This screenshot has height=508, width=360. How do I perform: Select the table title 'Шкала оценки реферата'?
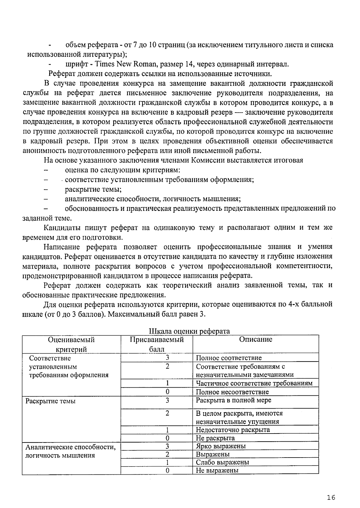pos(189,331)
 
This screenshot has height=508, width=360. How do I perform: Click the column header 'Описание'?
pos(256,340)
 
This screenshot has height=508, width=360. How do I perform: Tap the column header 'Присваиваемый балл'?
pos(157,344)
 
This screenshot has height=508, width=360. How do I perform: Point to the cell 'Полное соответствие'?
pos(229,358)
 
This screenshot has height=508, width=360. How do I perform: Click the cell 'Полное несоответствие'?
pos(232,392)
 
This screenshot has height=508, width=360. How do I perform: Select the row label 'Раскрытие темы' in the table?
pos(50,401)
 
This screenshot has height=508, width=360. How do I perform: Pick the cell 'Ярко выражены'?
pos(221,446)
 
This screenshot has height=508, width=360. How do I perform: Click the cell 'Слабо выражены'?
pos(222,462)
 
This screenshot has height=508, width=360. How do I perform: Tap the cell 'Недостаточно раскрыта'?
pos(233,429)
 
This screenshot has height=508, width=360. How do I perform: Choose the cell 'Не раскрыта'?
pos(215,438)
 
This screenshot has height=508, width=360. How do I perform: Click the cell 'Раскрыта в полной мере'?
pos(233,400)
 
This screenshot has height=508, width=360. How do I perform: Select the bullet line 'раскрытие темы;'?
pos(93,189)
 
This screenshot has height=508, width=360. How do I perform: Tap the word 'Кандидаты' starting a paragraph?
pos(62,228)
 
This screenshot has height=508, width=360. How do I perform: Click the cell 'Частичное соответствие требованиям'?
pos(254,383)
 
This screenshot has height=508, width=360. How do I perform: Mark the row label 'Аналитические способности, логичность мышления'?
pos(70,451)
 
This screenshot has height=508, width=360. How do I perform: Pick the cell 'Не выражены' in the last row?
pos(217,470)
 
